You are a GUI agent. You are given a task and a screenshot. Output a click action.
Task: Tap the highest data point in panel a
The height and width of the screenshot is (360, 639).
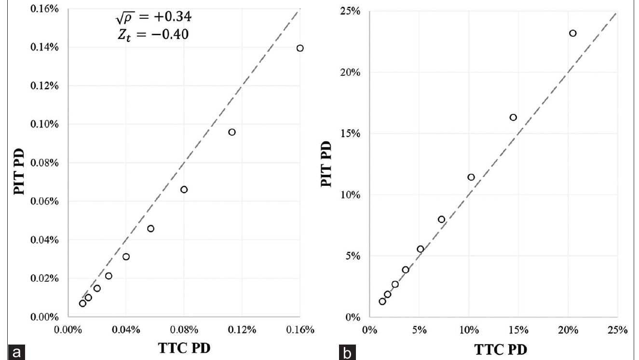coord(300,48)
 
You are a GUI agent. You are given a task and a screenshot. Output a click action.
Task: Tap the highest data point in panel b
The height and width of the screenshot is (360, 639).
coord(572,33)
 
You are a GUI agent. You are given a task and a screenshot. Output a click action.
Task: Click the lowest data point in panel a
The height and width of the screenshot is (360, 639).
coord(82,304)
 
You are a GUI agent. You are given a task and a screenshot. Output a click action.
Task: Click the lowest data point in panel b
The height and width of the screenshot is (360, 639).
coord(382,302)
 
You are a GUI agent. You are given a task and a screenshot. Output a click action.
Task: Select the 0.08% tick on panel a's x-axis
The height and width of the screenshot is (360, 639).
coord(184,330)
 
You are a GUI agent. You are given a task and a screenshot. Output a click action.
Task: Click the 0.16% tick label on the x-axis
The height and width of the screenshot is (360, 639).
coord(299,330)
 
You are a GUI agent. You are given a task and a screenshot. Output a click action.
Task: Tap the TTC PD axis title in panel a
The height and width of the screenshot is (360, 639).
coord(184,349)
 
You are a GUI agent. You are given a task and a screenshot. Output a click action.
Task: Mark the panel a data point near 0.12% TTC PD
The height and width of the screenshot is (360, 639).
coord(232,132)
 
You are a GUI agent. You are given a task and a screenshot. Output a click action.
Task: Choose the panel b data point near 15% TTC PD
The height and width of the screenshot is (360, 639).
coord(513,117)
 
